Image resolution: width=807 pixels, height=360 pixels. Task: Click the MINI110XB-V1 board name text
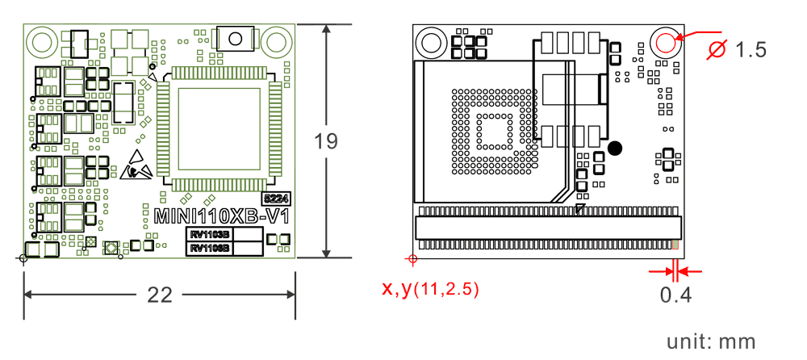[x=223, y=217]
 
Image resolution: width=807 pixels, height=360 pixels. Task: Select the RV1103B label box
[x=210, y=235]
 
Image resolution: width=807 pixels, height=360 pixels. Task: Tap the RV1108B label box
[x=210, y=249]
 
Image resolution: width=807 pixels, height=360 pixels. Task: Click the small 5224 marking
[x=276, y=198]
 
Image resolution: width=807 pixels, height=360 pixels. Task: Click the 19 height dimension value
[x=326, y=141]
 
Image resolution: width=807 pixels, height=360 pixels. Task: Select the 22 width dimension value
[x=160, y=295]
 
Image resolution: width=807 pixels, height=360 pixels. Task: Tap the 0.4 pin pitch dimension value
[x=675, y=295]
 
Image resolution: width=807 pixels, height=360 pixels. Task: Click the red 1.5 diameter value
[x=751, y=50]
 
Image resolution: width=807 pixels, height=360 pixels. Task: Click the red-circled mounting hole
[x=667, y=42]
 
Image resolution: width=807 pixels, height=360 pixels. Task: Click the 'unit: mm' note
[x=712, y=341]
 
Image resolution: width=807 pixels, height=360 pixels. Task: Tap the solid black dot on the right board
[x=616, y=148]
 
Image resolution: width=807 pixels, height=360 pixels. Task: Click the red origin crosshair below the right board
[x=412, y=259]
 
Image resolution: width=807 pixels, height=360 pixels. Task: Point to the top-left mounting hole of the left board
[x=41, y=40]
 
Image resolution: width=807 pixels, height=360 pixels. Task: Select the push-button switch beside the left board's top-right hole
[x=236, y=39]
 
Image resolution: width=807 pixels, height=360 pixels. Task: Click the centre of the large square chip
[x=220, y=128]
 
